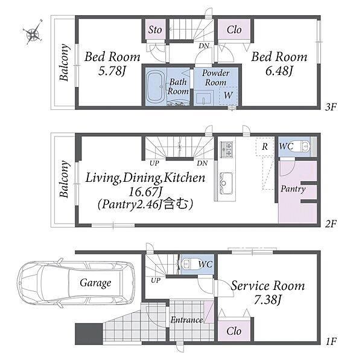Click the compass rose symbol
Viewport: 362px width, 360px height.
click(x=34, y=33)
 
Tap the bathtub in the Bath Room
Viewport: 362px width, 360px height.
click(x=155, y=86)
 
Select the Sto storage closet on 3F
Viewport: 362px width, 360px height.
click(x=155, y=30)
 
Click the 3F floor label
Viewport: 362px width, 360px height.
click(x=331, y=107)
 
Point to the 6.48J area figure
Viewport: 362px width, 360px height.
click(x=279, y=71)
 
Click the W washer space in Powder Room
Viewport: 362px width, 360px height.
click(x=228, y=95)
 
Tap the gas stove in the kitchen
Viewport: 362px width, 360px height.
click(x=226, y=150)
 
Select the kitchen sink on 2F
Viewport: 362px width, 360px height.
click(x=226, y=183)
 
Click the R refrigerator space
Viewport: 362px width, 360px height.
click(x=265, y=146)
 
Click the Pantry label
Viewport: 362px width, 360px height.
click(x=293, y=189)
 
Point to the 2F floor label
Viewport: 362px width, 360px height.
click(x=331, y=223)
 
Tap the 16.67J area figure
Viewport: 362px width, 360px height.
click(x=145, y=191)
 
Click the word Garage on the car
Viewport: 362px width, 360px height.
click(x=95, y=283)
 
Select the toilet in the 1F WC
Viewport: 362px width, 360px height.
click(x=190, y=263)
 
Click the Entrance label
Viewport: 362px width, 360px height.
click(x=187, y=320)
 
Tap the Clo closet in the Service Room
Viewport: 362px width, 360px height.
click(x=234, y=331)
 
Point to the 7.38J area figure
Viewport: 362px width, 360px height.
click(x=268, y=300)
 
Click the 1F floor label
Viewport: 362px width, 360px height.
click(x=331, y=341)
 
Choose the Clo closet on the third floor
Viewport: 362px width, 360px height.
click(x=234, y=30)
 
